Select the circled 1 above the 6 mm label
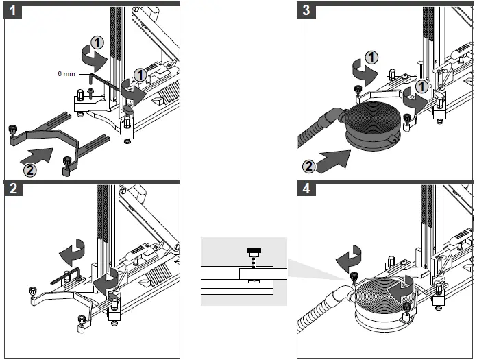99,43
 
